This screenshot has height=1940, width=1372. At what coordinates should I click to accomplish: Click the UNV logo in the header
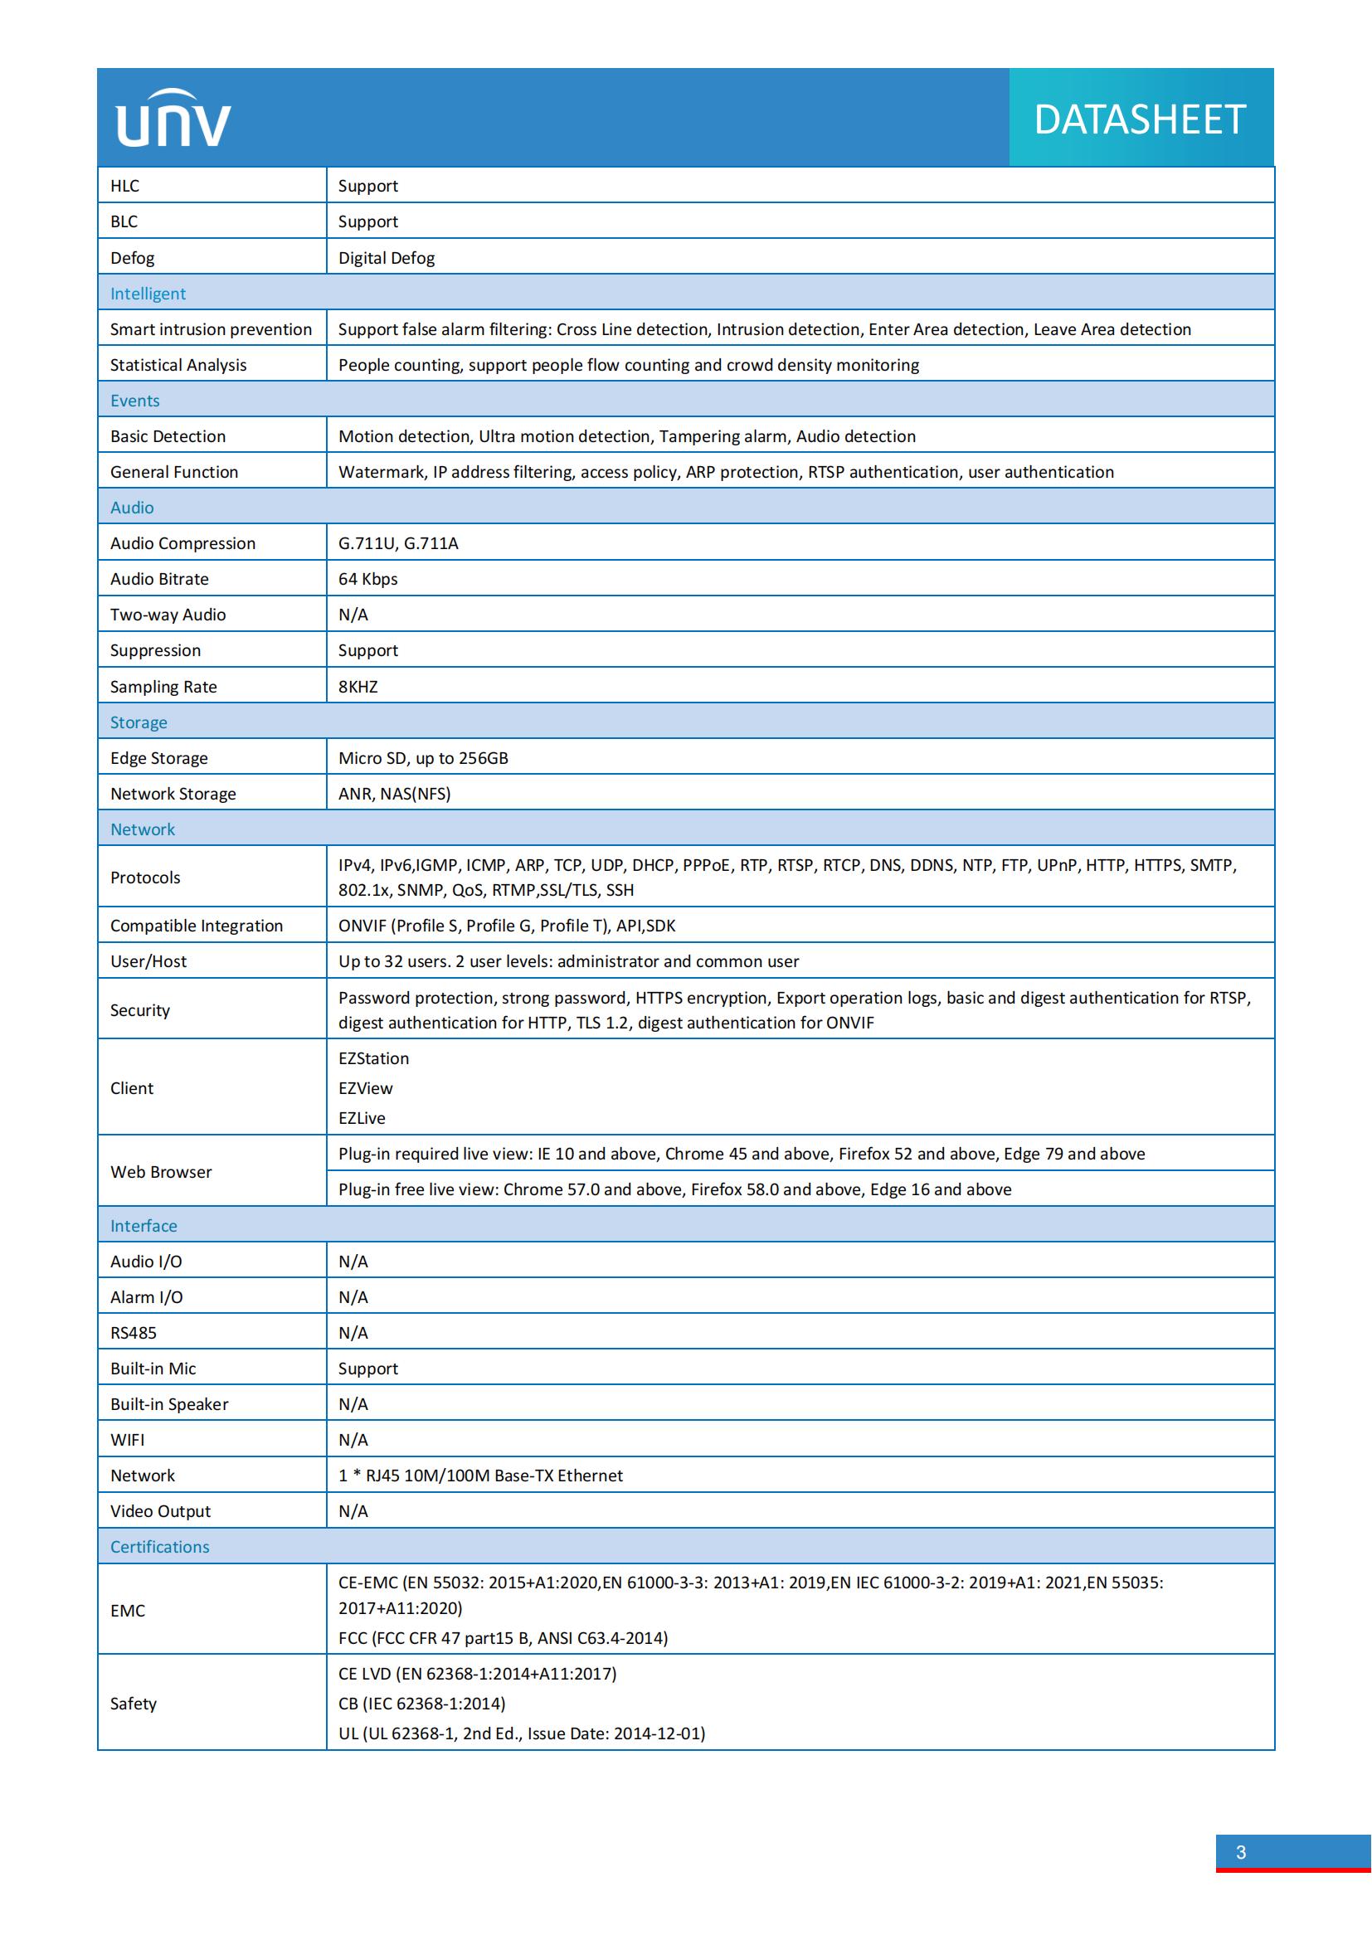pyautogui.click(x=173, y=119)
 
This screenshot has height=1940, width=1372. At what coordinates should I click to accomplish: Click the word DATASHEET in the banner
pyautogui.click(x=1140, y=119)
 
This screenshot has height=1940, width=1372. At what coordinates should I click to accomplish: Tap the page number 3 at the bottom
pyautogui.click(x=1240, y=1852)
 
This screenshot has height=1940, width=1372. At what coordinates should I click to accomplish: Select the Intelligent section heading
pyautogui.click(x=148, y=293)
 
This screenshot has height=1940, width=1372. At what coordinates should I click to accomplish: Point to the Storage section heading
pyautogui.click(x=139, y=722)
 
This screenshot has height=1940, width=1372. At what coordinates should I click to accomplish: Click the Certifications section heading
pyautogui.click(x=159, y=1546)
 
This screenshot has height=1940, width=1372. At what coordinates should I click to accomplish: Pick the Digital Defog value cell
pyautogui.click(x=386, y=258)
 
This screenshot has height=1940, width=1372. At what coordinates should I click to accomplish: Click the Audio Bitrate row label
pyautogui.click(x=158, y=579)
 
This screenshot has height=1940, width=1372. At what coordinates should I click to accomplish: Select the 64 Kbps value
pyautogui.click(x=367, y=579)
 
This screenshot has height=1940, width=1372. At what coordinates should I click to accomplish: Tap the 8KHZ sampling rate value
pyautogui.click(x=358, y=686)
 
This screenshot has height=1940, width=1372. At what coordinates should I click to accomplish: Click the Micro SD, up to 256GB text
pyautogui.click(x=423, y=758)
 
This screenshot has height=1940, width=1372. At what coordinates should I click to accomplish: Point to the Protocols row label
pyautogui.click(x=145, y=877)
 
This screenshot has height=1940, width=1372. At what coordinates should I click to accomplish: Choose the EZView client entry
pyautogui.click(x=365, y=1088)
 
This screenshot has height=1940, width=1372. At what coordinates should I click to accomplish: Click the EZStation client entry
pyautogui.click(x=373, y=1058)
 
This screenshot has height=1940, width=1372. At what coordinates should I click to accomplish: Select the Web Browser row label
pyautogui.click(x=161, y=1172)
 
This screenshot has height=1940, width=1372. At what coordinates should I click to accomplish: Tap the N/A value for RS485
pyautogui.click(x=353, y=1333)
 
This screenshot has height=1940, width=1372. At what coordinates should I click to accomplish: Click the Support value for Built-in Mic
pyautogui.click(x=367, y=1368)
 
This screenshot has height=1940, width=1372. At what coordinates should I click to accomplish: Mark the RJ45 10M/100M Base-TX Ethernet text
pyautogui.click(x=479, y=1476)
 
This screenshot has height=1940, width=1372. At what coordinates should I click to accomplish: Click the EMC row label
pyautogui.click(x=128, y=1611)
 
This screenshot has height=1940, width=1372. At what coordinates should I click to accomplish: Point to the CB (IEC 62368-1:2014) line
pyautogui.click(x=421, y=1704)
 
